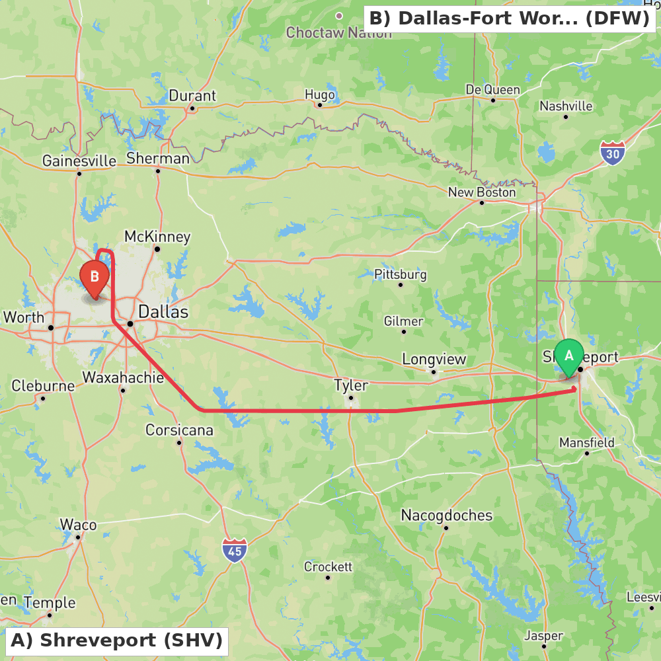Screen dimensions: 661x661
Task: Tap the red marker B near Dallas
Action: (95, 278)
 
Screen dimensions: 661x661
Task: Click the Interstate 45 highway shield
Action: (235, 550)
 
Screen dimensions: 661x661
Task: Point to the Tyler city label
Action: (351, 385)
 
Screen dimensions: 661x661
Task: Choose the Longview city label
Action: (434, 359)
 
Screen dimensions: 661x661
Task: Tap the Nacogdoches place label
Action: (447, 515)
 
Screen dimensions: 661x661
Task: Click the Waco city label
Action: (78, 525)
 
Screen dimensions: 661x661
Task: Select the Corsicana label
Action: (179, 430)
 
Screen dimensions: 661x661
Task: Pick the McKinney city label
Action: (157, 237)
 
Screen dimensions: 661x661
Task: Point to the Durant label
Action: (192, 96)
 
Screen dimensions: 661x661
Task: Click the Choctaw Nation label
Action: (338, 32)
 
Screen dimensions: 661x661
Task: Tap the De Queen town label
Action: (492, 89)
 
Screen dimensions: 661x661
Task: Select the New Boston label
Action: (482, 192)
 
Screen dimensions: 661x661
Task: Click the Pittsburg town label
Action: (401, 274)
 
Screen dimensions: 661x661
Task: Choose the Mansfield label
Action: (587, 442)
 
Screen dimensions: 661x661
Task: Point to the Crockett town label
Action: (328, 566)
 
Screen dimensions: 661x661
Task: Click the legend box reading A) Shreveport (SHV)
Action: (116, 641)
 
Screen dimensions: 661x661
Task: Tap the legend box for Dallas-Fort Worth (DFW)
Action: (509, 19)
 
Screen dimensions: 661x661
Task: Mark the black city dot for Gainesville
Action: (79, 174)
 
